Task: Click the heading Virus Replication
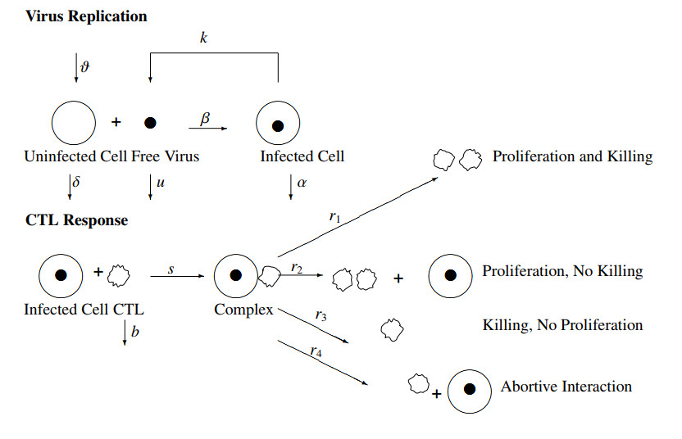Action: (86, 16)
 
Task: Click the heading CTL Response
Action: (76, 220)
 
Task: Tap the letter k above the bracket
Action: (203, 38)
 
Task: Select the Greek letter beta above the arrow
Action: (205, 118)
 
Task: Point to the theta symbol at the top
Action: (84, 66)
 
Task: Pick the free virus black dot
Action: (150, 123)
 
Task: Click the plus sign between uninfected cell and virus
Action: (116, 122)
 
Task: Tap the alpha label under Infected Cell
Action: (302, 183)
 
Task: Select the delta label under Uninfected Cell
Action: (76, 181)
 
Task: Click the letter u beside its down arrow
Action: (160, 183)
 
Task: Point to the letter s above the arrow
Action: (171, 270)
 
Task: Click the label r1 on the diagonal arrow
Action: (334, 216)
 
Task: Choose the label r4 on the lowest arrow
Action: (316, 351)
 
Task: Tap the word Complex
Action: (243, 310)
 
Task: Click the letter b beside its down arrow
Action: (134, 331)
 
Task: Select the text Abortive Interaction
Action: (566, 387)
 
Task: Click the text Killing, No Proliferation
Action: (562, 325)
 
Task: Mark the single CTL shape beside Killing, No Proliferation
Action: (392, 330)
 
